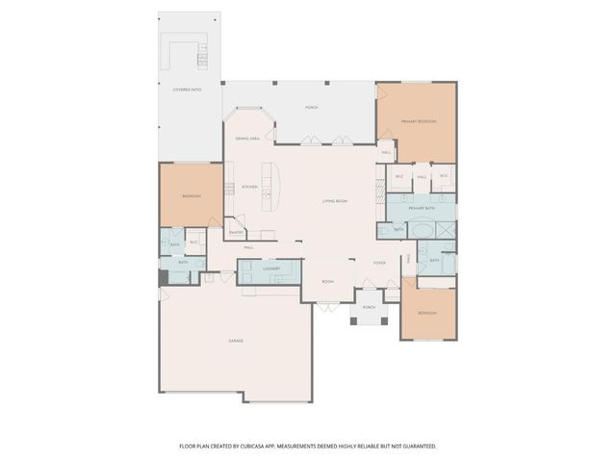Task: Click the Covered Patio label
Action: [x=187, y=89]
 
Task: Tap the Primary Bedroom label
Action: [x=419, y=121]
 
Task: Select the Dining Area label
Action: [x=247, y=139]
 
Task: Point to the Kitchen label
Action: [x=249, y=186]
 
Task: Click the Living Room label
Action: [x=335, y=199]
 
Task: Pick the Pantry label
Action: [x=236, y=232]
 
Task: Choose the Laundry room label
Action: [x=271, y=269]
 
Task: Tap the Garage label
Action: [x=235, y=341]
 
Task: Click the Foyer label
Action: [x=380, y=262]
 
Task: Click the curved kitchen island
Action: [x=276, y=187]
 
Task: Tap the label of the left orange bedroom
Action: [x=191, y=196]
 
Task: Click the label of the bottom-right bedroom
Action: [x=426, y=313]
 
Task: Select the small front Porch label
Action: [x=369, y=307]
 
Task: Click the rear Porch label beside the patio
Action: [x=311, y=107]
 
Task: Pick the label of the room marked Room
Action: [x=327, y=281]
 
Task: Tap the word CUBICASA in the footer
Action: [x=274, y=446]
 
